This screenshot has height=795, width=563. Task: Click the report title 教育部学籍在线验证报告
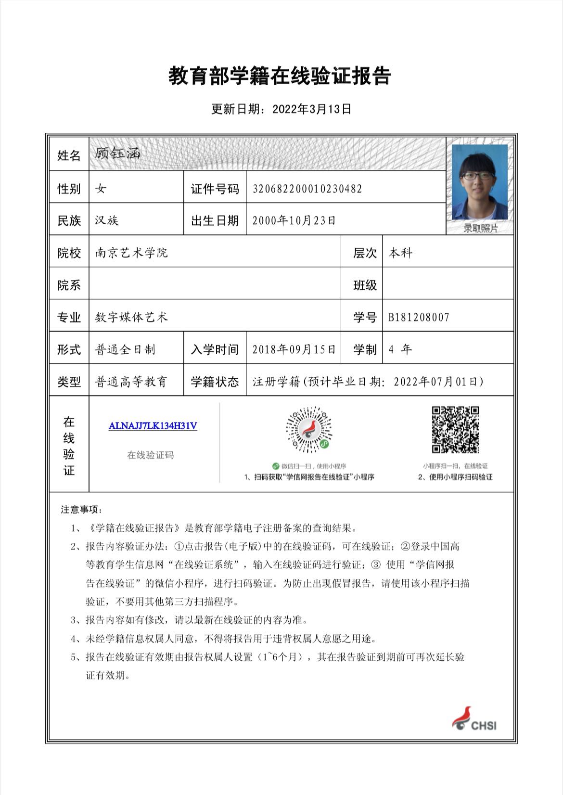[280, 77]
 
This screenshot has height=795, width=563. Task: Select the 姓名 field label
[69, 155]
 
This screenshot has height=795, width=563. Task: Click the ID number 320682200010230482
[307, 189]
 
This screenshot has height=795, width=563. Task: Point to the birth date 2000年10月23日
[294, 220]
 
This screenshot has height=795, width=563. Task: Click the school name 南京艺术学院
[131, 253]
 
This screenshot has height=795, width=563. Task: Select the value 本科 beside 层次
[400, 253]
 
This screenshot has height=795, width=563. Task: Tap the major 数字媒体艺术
[131, 317]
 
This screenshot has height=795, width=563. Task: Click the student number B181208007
[419, 317]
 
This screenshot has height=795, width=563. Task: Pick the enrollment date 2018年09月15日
[294, 349]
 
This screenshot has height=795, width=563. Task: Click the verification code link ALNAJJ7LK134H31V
[153, 426]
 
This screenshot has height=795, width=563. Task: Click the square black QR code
[455, 430]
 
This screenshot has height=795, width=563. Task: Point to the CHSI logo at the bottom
[474, 719]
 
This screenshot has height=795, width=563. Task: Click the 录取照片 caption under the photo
[480, 228]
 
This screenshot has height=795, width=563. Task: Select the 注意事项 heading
[81, 510]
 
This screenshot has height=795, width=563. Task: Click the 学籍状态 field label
[215, 382]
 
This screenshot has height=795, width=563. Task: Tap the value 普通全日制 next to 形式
[125, 349]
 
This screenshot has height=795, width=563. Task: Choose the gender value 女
[101, 189]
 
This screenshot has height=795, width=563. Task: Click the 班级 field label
[365, 285]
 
